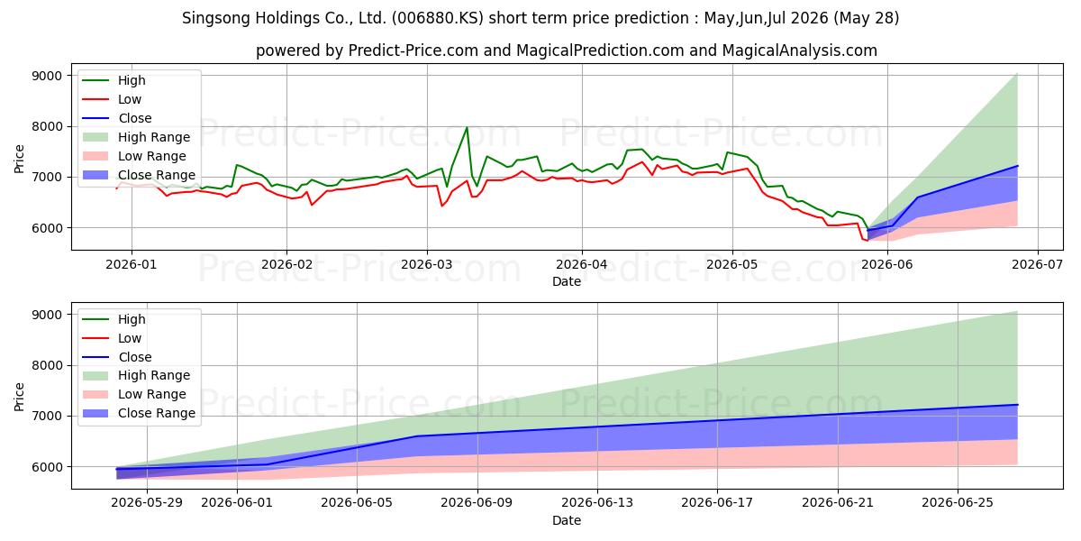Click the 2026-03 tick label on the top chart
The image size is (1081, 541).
tap(427, 264)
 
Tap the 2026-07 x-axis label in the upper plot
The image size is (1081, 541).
tap(1037, 264)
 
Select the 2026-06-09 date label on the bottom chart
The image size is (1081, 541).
tap(477, 502)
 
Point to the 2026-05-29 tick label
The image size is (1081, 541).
tap(147, 502)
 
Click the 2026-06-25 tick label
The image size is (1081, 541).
tap(958, 502)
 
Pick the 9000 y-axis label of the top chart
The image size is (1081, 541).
tap(47, 76)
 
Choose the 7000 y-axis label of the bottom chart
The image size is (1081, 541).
tap(47, 416)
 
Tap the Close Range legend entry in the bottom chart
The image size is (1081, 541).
tap(139, 413)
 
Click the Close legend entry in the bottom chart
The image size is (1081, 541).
tap(117, 357)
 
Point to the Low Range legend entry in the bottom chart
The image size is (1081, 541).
tap(134, 394)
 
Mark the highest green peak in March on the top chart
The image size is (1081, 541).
tap(467, 127)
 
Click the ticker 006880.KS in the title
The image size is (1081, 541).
tap(437, 18)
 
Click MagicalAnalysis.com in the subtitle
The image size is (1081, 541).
tap(799, 50)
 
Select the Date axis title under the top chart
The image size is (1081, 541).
tap(566, 281)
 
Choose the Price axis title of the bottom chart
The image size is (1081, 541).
tap(19, 397)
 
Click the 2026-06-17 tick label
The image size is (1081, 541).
tap(717, 502)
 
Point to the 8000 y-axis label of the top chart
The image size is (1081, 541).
tap(47, 126)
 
